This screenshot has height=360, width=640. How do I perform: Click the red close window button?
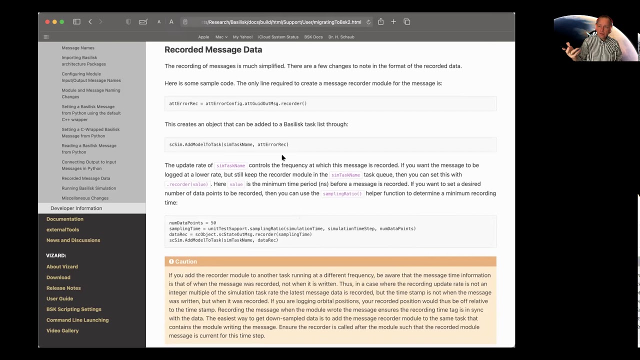point(47,22)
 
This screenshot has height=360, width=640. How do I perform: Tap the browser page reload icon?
point(368,22)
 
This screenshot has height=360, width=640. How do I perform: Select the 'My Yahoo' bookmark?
point(242,37)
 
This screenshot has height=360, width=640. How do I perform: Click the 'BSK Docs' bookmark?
point(313,37)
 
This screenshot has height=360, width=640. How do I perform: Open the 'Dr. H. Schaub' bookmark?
point(341,37)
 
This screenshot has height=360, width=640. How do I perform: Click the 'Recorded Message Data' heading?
point(213,49)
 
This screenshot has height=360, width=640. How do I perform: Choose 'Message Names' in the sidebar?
point(78,48)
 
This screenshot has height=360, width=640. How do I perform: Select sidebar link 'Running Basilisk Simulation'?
point(88,188)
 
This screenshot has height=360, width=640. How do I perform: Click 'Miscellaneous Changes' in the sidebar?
point(85,198)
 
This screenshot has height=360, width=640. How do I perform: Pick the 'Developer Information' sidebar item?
point(76,208)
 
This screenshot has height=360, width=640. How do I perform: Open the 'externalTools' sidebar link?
point(62,229)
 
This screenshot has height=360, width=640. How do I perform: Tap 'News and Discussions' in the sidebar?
point(73,240)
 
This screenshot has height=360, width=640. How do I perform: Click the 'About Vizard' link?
point(62,266)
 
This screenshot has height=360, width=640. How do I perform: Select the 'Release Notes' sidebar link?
point(63,288)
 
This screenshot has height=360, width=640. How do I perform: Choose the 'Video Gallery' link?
point(62,330)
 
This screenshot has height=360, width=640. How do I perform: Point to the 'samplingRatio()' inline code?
point(342,193)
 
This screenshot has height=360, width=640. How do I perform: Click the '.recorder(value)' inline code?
point(187,184)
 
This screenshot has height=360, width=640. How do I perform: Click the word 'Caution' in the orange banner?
point(186,261)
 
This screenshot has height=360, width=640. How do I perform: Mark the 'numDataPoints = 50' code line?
point(192,223)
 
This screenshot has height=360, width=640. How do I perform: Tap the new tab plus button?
point(393,22)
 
